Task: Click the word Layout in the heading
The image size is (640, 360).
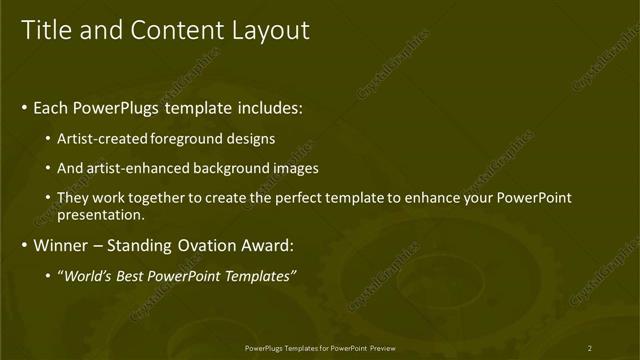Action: click(x=270, y=30)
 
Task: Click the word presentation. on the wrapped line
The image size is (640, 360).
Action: click(x=101, y=214)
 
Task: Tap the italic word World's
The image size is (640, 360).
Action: click(x=90, y=276)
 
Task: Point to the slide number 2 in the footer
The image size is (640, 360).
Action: click(x=589, y=348)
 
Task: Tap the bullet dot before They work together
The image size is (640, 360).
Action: click(x=49, y=198)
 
